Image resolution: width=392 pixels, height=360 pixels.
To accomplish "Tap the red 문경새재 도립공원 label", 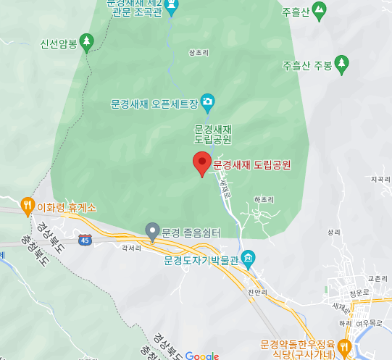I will click(251, 165).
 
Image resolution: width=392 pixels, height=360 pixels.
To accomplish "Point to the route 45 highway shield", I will click(86, 239).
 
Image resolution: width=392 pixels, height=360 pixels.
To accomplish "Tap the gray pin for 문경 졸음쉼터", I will click(152, 232).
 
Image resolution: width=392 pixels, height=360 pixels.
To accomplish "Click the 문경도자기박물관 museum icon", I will click(248, 259).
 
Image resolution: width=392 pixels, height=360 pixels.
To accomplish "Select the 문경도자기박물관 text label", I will click(201, 259).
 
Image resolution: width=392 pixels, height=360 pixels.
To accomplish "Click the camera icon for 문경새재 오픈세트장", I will click(207, 100).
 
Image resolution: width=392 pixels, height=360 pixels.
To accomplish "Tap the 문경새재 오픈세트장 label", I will click(154, 104).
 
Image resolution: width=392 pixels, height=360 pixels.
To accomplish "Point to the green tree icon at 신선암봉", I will click(88, 41).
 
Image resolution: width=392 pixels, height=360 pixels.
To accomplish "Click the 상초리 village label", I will click(198, 53).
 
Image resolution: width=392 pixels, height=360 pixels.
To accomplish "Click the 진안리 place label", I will click(257, 292).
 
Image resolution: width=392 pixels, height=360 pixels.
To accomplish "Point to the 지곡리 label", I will click(379, 178).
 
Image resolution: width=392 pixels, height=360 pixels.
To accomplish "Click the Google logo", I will click(202, 355).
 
